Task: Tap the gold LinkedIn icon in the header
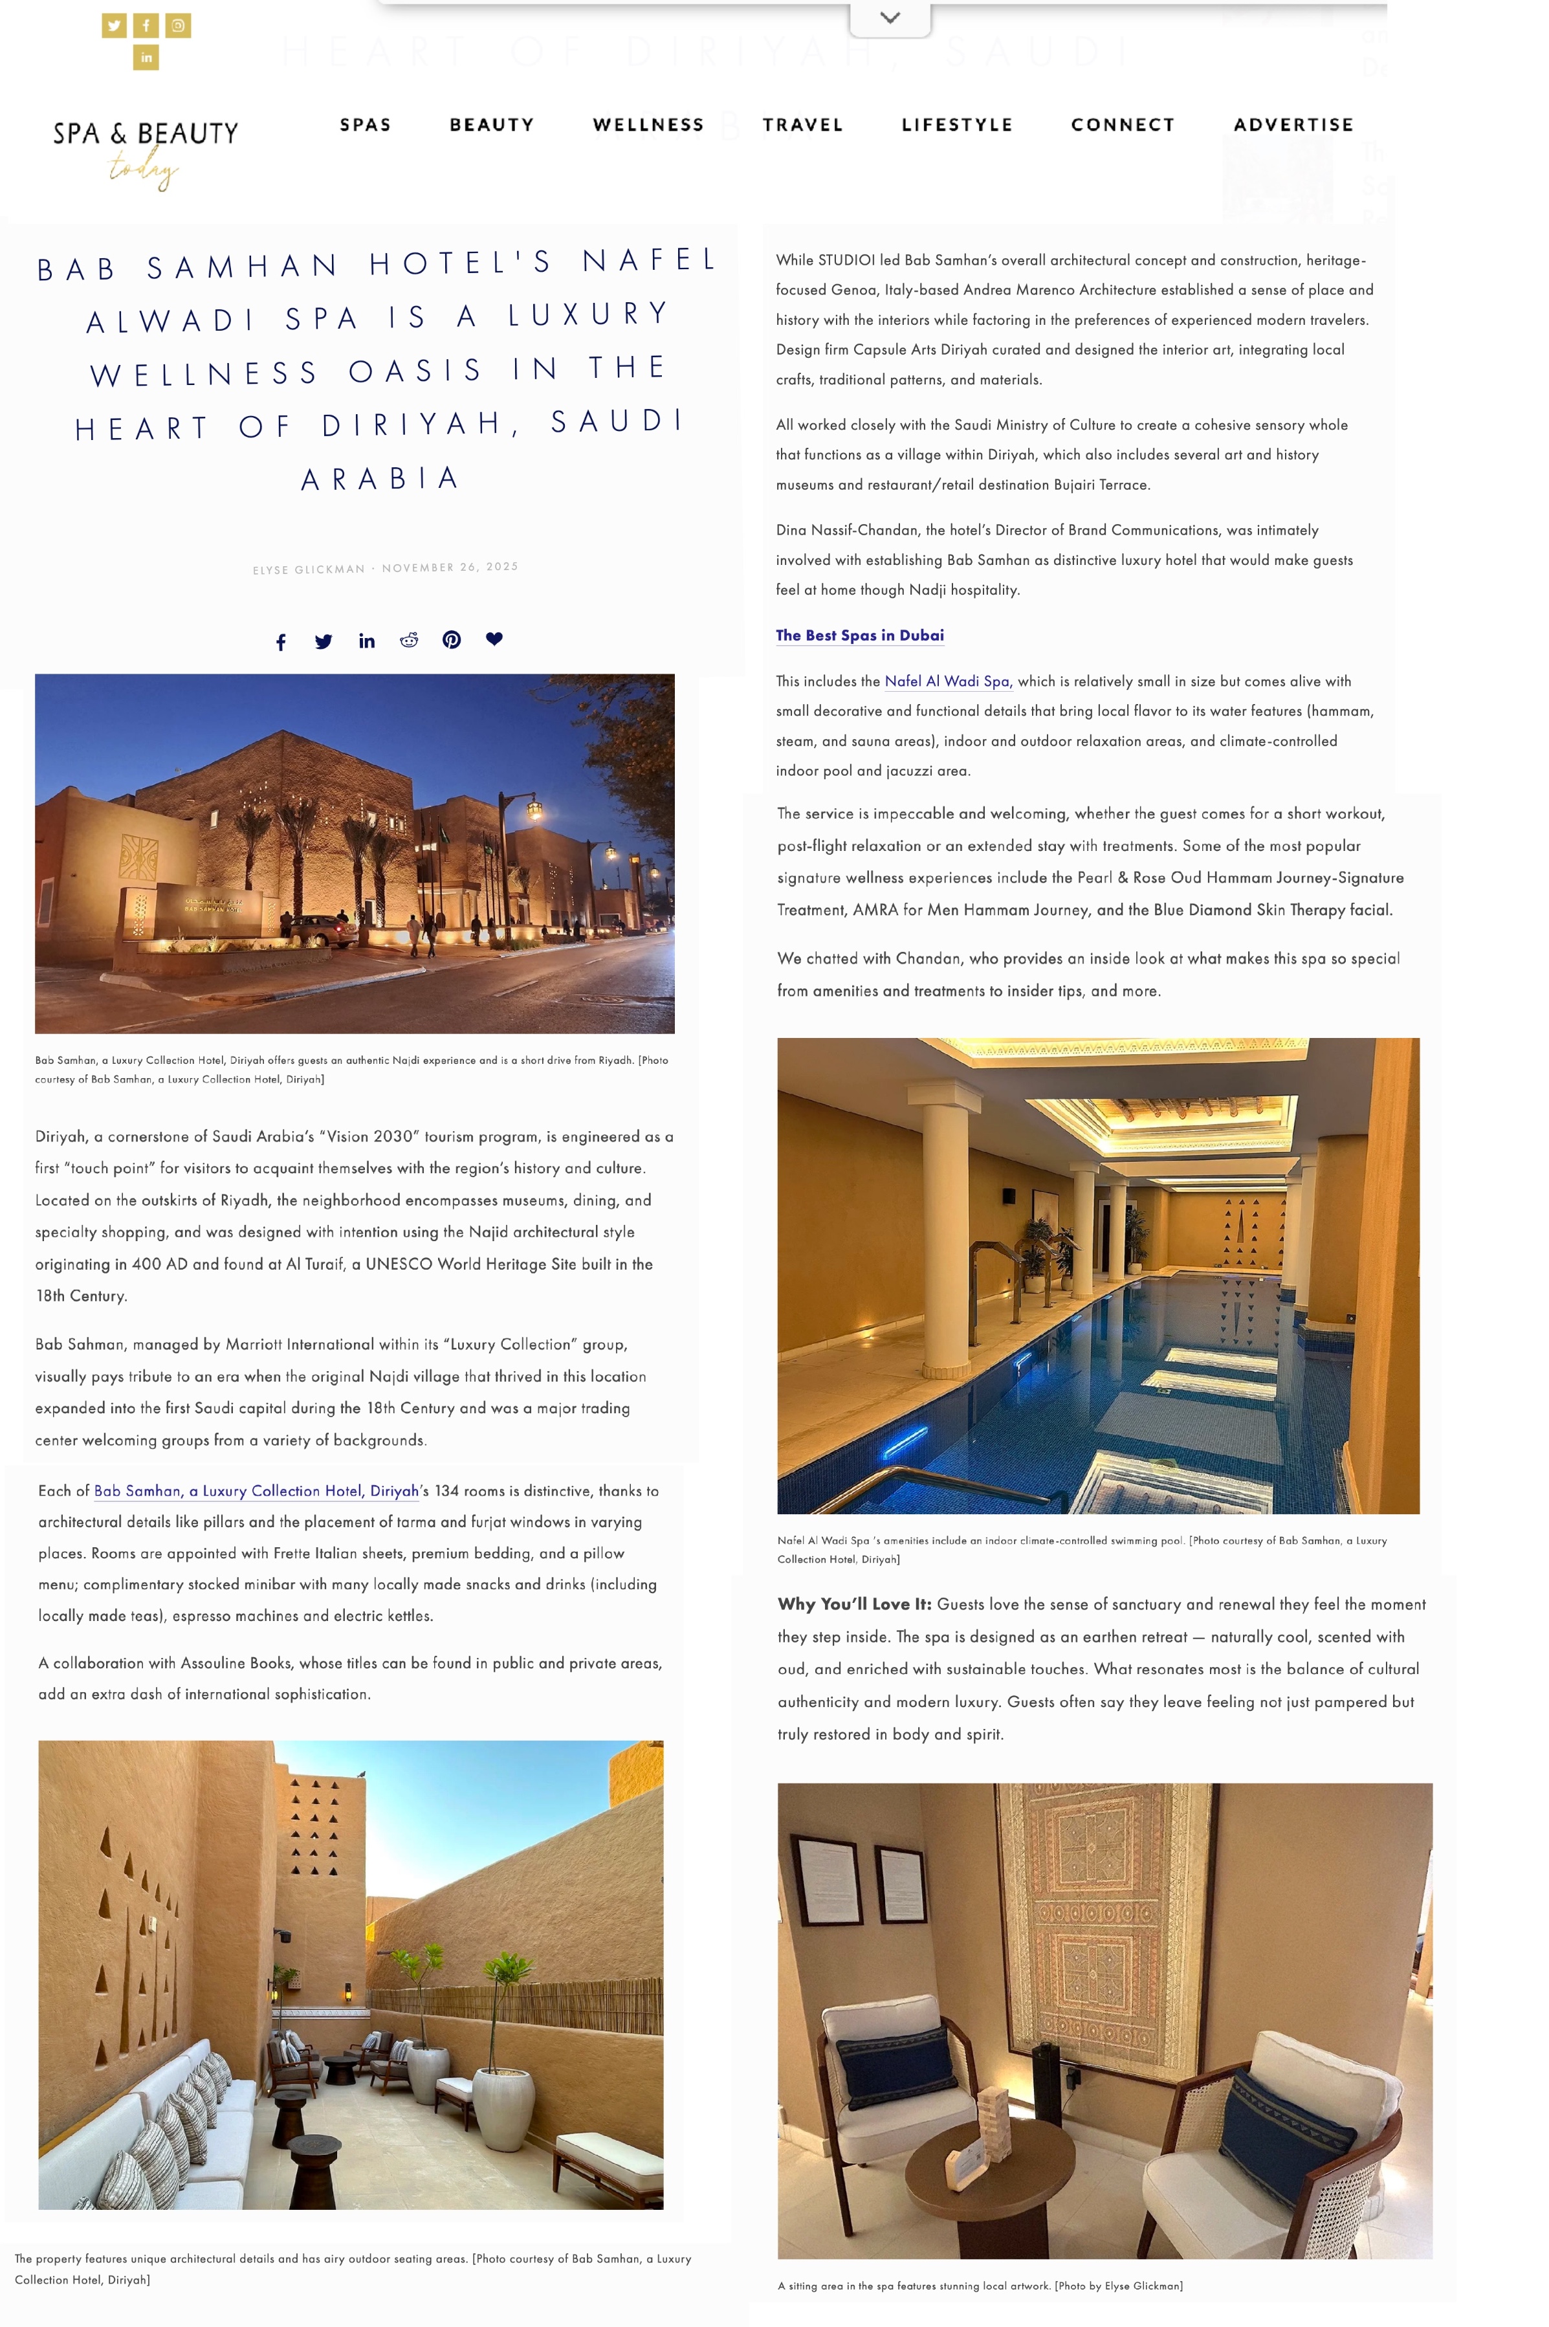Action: (146, 58)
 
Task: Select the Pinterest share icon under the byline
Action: (452, 640)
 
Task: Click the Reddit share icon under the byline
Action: (409, 640)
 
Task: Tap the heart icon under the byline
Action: (494, 639)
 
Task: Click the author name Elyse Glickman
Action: (308, 570)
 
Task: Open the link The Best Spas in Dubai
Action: (859, 635)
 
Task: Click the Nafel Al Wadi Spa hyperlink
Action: (947, 681)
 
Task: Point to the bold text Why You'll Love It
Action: (853, 1605)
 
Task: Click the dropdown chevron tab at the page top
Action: (889, 17)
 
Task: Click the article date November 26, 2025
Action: (450, 568)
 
